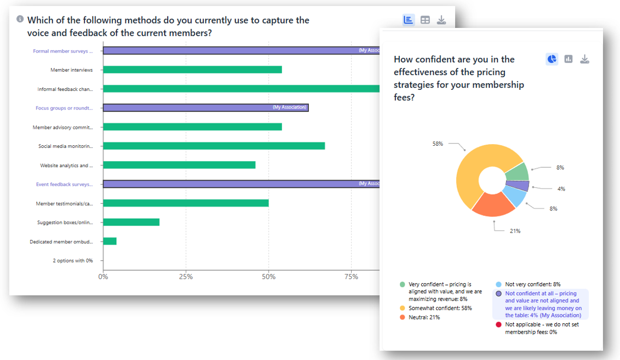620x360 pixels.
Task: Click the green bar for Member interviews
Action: click(192, 70)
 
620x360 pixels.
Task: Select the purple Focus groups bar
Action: click(205, 107)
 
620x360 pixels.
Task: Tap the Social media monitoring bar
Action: click(214, 146)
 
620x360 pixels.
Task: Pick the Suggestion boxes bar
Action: click(131, 222)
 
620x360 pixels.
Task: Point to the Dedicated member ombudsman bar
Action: click(110, 241)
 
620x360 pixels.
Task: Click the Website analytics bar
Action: click(179, 165)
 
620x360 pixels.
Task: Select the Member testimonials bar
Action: click(186, 203)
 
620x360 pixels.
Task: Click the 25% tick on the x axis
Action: click(186, 277)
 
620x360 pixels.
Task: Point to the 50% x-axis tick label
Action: click(268, 277)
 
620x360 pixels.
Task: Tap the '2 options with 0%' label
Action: click(73, 260)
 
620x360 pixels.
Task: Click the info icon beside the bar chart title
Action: click(20, 19)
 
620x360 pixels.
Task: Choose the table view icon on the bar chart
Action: click(425, 20)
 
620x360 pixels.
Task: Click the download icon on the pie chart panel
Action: click(585, 59)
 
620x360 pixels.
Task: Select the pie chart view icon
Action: click(552, 59)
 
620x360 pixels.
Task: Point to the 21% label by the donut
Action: click(515, 231)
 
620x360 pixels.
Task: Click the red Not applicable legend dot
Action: click(498, 324)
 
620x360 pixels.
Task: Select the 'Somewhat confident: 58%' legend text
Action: click(440, 308)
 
